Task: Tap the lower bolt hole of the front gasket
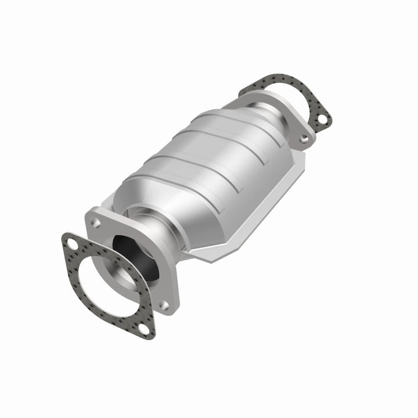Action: [143, 329]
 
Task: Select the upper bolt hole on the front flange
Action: [96, 222]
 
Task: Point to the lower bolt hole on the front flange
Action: [164, 304]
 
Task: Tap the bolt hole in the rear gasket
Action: [321, 120]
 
